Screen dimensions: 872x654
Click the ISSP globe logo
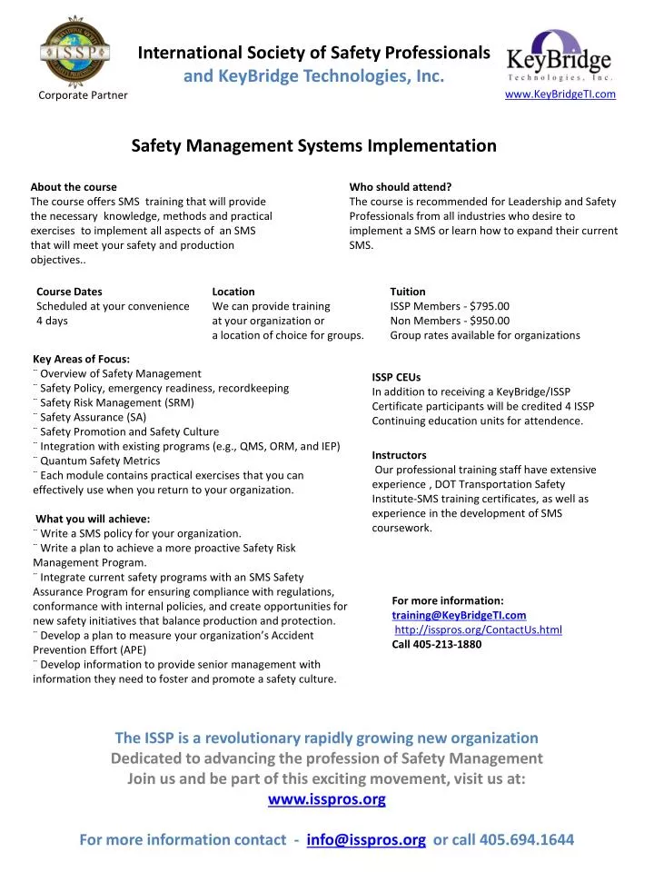tap(75, 52)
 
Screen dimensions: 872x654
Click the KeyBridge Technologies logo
tap(559, 55)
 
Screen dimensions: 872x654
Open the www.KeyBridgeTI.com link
tap(560, 94)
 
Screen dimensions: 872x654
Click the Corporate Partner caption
tap(83, 95)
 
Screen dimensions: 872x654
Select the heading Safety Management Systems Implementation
tap(314, 145)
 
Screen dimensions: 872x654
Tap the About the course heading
tap(74, 187)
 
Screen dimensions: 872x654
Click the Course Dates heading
tap(69, 292)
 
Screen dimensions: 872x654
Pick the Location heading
tap(233, 292)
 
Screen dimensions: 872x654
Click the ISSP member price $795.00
tap(488, 306)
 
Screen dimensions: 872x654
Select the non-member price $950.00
tap(488, 321)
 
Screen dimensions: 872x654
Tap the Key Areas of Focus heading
tap(81, 359)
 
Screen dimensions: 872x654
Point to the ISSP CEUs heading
tap(396, 377)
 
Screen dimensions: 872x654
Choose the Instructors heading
tap(399, 455)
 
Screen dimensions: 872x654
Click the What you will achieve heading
tap(93, 519)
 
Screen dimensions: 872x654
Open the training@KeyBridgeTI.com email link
tap(459, 615)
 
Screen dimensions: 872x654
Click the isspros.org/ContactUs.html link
tap(479, 629)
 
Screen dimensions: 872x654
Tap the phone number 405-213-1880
tap(437, 644)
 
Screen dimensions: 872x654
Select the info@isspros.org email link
tap(367, 840)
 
